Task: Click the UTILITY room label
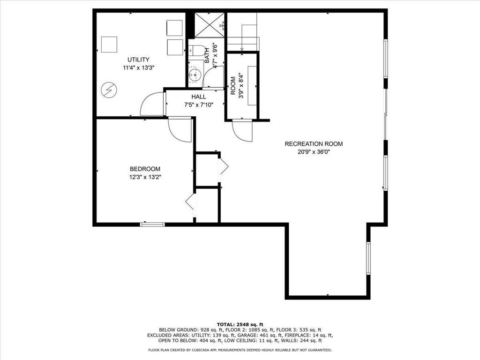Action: pyautogui.click(x=138, y=60)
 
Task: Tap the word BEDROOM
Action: pyautogui.click(x=145, y=169)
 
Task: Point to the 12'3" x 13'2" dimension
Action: pyautogui.click(x=146, y=177)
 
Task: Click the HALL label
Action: pyautogui.click(x=198, y=97)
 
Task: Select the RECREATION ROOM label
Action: pyautogui.click(x=314, y=144)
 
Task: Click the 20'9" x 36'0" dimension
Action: pyautogui.click(x=314, y=152)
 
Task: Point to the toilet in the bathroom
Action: pyautogui.click(x=196, y=50)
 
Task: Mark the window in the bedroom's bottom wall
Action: pyautogui.click(x=152, y=225)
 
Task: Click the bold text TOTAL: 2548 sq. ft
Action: pyautogui.click(x=240, y=324)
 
